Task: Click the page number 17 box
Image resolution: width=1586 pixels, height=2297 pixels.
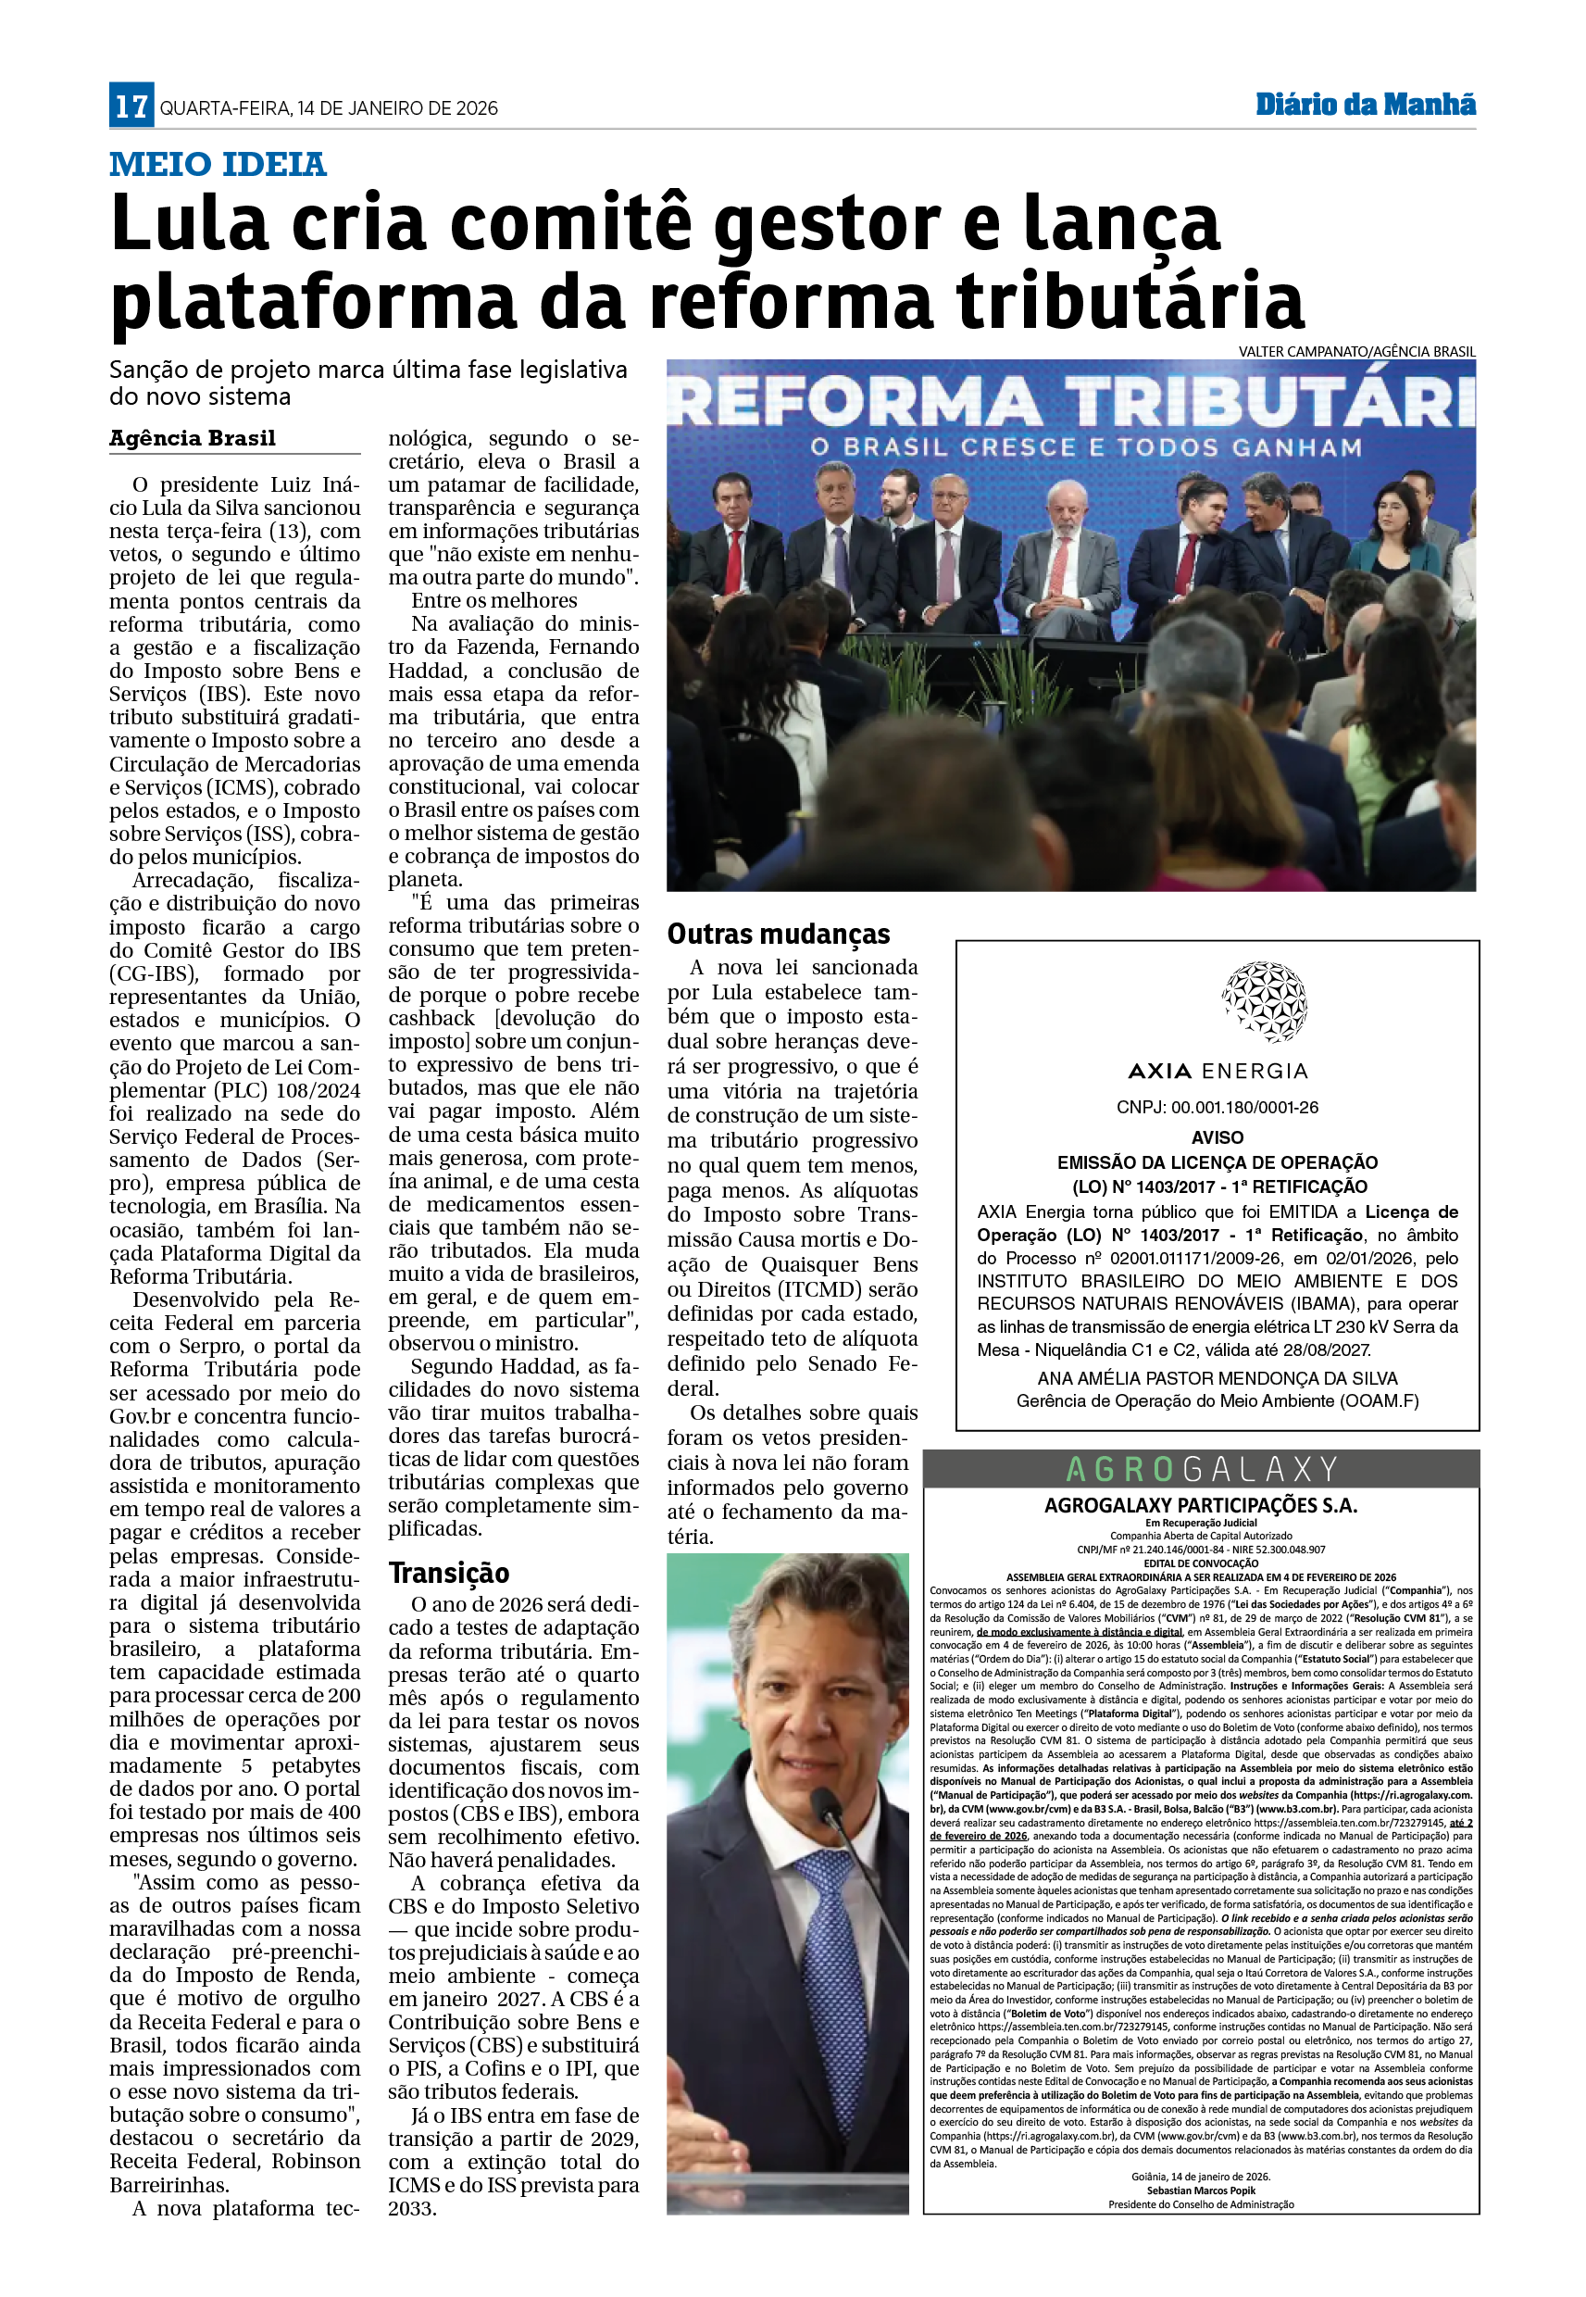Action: [131, 106]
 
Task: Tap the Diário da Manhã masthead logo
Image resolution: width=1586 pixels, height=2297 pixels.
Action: [1365, 105]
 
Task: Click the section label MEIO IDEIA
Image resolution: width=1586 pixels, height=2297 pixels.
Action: [218, 164]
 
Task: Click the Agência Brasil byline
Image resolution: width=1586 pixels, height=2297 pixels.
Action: [192, 438]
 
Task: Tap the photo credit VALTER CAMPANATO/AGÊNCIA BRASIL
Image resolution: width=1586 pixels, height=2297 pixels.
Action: [1355, 352]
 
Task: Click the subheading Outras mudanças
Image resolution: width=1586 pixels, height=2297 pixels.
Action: [778, 934]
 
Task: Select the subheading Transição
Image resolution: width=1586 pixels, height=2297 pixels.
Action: [448, 1573]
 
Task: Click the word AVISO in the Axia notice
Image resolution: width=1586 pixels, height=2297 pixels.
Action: [1218, 1137]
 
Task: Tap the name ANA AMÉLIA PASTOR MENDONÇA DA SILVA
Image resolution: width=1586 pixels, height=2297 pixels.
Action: [1218, 1378]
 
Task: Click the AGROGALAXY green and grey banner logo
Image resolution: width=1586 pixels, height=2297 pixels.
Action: [1201, 1468]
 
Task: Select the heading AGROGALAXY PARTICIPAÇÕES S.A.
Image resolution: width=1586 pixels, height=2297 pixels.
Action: [1201, 1505]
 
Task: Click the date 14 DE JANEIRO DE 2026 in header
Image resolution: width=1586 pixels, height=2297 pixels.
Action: [397, 108]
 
